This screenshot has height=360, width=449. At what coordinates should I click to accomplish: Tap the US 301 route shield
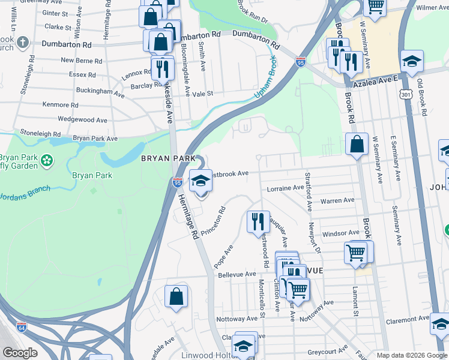click(x=406, y=94)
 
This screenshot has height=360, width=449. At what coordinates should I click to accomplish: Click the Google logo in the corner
click(x=20, y=353)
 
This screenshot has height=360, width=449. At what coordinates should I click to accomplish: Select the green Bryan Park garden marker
click(x=47, y=161)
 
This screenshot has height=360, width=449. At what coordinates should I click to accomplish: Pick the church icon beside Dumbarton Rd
click(x=22, y=43)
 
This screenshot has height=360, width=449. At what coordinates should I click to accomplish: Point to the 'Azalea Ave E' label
click(x=375, y=79)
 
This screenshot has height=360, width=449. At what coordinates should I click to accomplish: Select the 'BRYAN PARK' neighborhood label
click(x=168, y=158)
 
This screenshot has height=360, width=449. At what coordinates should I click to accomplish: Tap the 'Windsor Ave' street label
click(x=340, y=233)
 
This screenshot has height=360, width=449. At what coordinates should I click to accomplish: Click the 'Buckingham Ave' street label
click(x=100, y=91)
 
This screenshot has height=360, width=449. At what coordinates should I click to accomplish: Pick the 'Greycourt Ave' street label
click(x=328, y=349)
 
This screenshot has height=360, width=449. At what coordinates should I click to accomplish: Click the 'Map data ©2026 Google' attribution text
click(x=412, y=355)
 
